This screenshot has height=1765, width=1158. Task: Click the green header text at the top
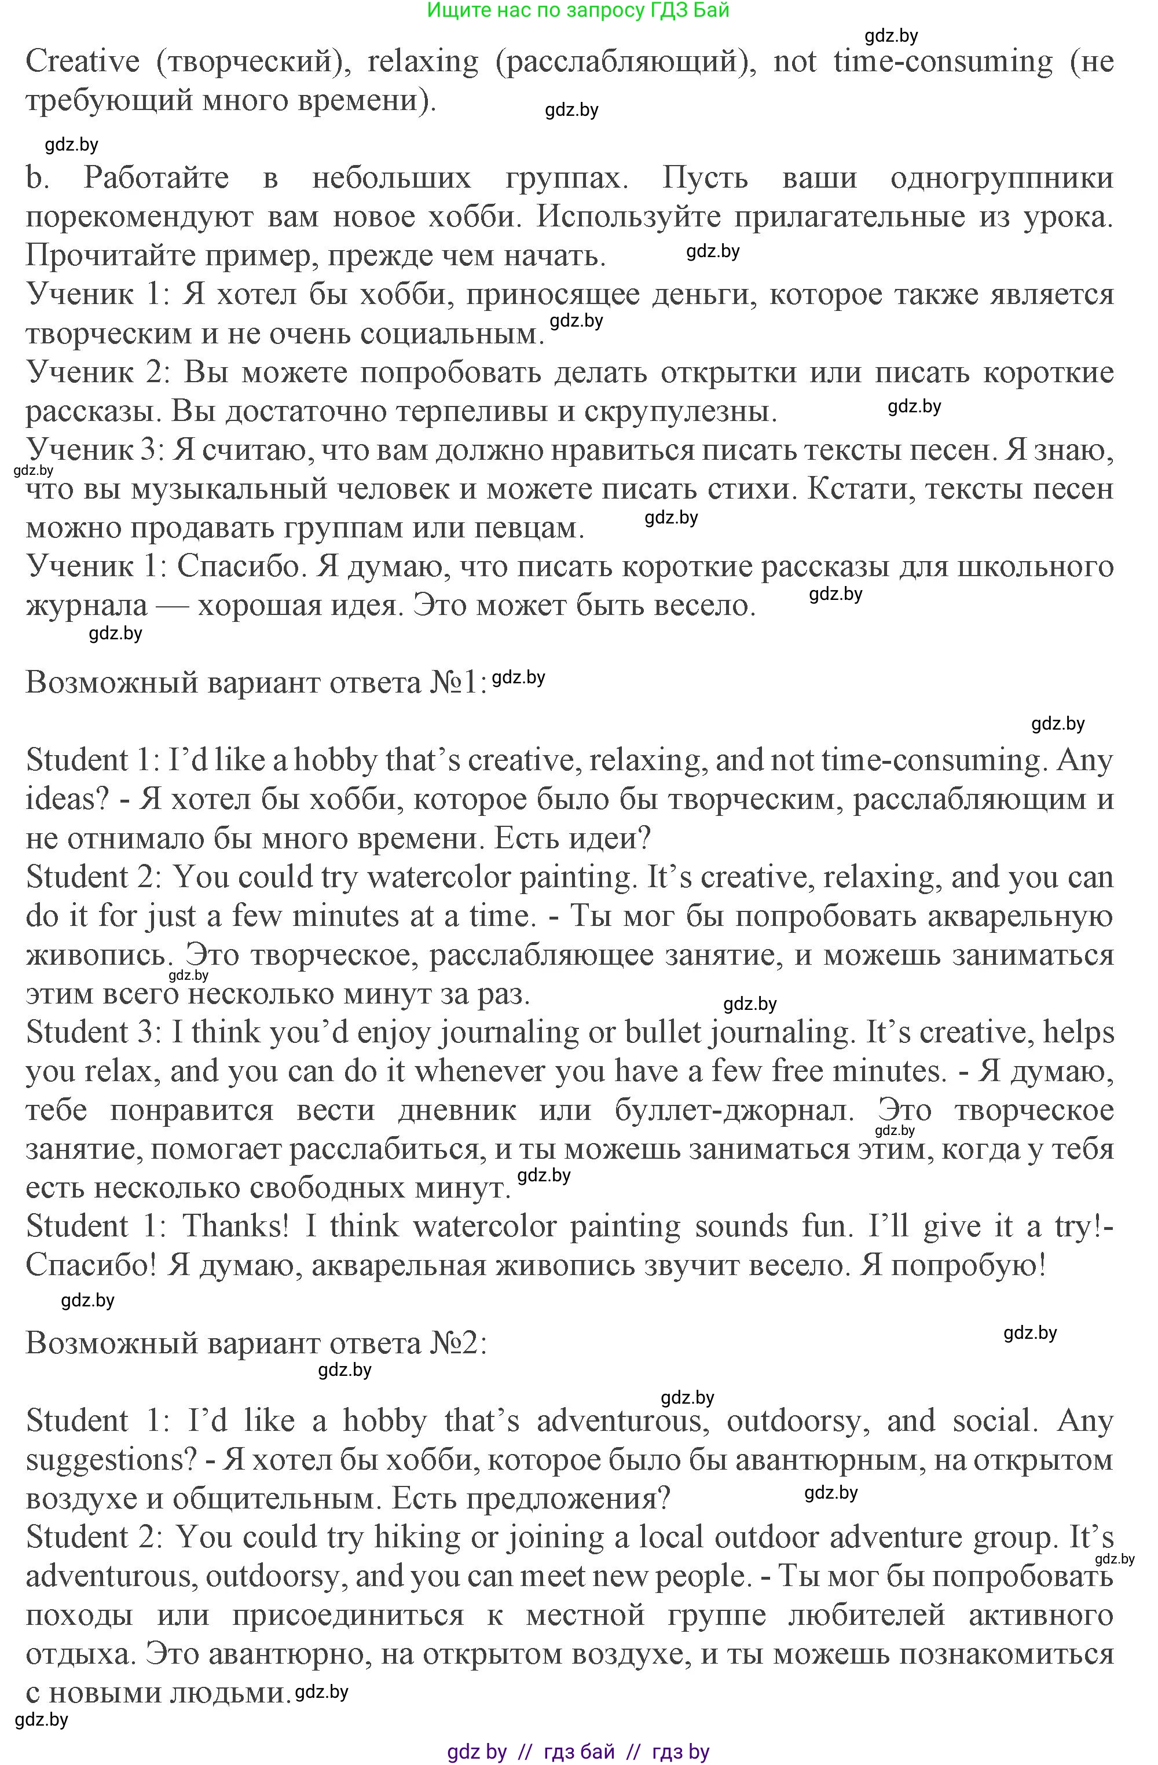tap(578, 10)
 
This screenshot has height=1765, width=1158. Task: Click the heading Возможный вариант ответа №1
tap(256, 682)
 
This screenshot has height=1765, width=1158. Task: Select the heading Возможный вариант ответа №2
tap(256, 1343)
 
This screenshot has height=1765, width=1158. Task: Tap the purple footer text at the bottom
tap(578, 1752)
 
